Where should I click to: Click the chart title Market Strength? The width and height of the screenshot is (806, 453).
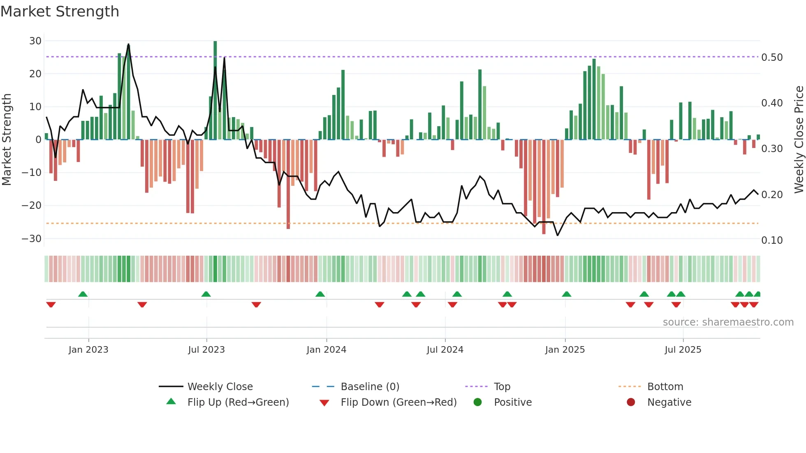[60, 12]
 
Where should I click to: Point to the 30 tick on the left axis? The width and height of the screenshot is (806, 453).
[35, 41]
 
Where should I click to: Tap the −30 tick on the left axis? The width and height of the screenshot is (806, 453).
[32, 239]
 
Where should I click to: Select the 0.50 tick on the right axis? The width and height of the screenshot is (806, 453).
[772, 58]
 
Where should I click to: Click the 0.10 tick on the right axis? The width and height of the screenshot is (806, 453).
[772, 240]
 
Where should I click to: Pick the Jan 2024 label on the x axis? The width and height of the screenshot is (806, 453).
[326, 350]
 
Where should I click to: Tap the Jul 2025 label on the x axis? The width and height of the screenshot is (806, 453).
[683, 350]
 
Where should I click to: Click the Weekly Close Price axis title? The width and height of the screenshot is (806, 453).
[799, 140]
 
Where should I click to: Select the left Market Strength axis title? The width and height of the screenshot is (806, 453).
[7, 140]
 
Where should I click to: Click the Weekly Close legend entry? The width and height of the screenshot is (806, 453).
[220, 387]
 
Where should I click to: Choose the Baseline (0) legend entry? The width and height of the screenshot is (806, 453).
[370, 387]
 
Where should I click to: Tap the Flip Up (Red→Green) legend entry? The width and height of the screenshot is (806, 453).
[238, 402]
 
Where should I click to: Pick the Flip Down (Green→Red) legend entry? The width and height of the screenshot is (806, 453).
[398, 402]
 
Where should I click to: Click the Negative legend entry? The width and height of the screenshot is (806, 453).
[669, 402]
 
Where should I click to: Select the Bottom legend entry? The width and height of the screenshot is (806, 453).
[665, 387]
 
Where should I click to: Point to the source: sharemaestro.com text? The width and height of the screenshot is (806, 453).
[728, 322]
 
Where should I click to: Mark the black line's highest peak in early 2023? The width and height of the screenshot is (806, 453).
[128, 44]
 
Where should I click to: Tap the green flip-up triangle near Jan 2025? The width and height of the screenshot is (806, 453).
[566, 294]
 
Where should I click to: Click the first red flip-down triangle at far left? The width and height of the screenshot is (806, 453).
[51, 305]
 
